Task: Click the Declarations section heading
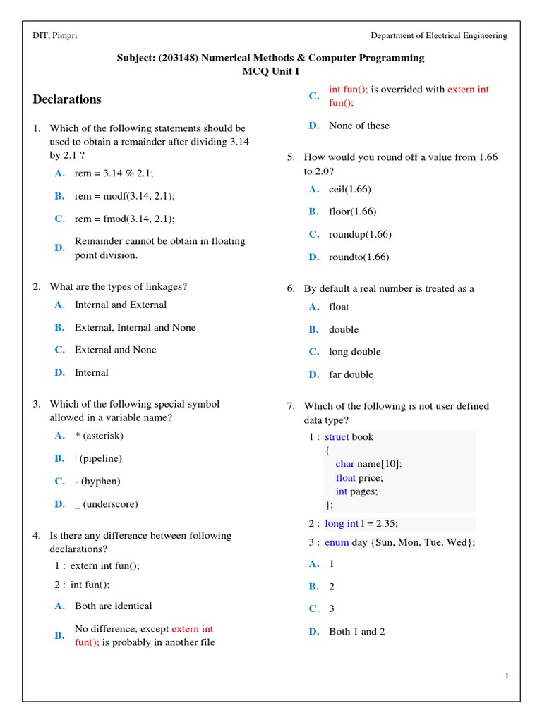pyautogui.click(x=67, y=99)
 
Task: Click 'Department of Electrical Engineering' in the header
pyautogui.click(x=439, y=36)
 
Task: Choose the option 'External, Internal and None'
pyautogui.click(x=135, y=327)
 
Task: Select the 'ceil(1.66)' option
pyautogui.click(x=349, y=189)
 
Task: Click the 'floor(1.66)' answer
pyautogui.click(x=352, y=212)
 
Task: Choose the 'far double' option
pyautogui.click(x=351, y=374)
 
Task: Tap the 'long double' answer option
pyautogui.click(x=354, y=352)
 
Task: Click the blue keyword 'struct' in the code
pyautogui.click(x=337, y=437)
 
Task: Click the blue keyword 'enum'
pyautogui.click(x=337, y=541)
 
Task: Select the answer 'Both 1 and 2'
pyautogui.click(x=356, y=632)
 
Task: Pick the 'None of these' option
pyautogui.click(x=359, y=126)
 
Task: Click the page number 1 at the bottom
pyautogui.click(x=507, y=676)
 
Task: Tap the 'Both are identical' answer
pyautogui.click(x=113, y=606)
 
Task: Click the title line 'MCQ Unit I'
pyautogui.click(x=270, y=71)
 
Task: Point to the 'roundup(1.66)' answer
pyautogui.click(x=360, y=234)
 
